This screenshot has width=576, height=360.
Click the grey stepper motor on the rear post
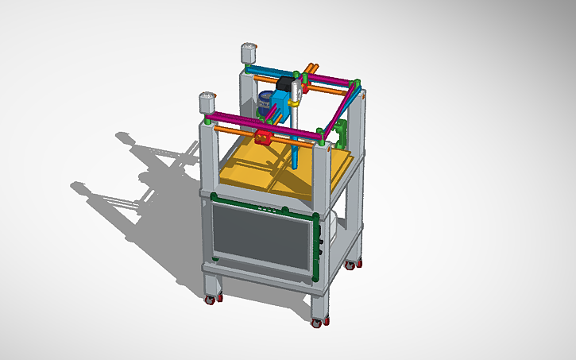click(247, 53)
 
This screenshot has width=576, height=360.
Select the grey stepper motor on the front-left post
click(207, 103)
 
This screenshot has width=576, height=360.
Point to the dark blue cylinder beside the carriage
click(266, 103)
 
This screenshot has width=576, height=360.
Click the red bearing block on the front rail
click(265, 137)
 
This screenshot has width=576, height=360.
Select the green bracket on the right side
click(342, 130)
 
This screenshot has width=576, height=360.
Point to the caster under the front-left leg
click(211, 300)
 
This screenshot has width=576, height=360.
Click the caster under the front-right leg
click(317, 323)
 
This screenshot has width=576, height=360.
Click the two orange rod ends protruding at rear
click(311, 68)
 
